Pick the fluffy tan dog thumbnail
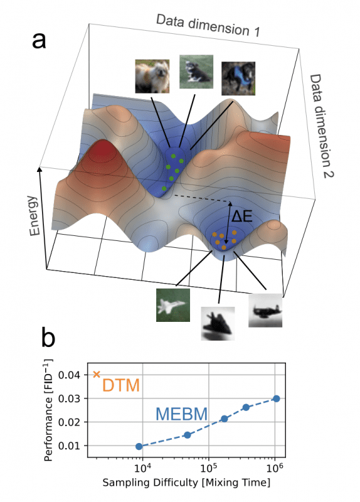coord(152,77)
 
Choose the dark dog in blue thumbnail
coord(238,78)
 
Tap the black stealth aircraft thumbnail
coord(218,323)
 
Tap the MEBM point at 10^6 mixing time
coord(276,398)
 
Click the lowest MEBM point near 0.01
coord(139,446)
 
